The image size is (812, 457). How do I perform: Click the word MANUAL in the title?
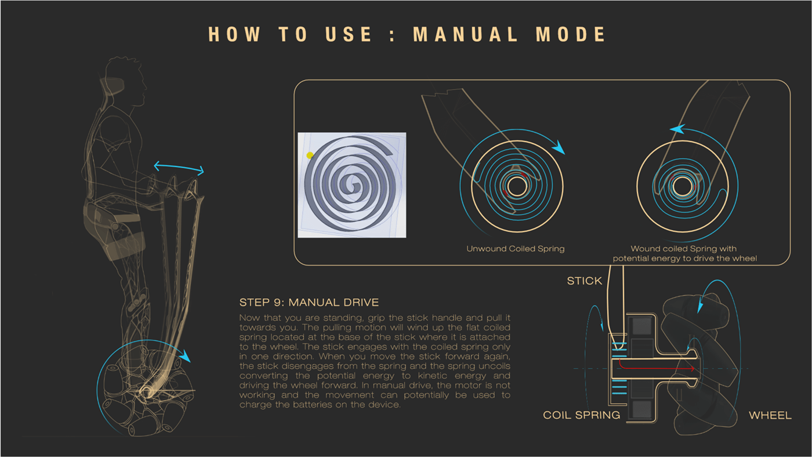(x=465, y=34)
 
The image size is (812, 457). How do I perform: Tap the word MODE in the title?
(x=571, y=34)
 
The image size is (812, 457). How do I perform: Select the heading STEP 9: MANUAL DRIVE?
(x=309, y=302)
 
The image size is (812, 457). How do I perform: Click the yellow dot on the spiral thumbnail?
(x=310, y=155)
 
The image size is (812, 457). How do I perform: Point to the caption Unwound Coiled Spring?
(x=515, y=249)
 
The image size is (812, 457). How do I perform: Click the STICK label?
(x=584, y=281)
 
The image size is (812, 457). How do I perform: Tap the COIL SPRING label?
(x=581, y=415)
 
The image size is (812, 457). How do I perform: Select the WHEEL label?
(x=770, y=415)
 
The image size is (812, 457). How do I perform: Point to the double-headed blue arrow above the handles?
(x=179, y=168)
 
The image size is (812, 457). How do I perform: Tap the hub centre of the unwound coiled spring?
(x=517, y=186)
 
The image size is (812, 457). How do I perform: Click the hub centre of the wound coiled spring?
(x=682, y=186)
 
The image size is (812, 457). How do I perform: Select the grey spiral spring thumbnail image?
(x=351, y=185)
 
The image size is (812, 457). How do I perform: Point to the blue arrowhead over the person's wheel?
(x=184, y=354)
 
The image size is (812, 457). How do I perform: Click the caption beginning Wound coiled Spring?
(x=684, y=253)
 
